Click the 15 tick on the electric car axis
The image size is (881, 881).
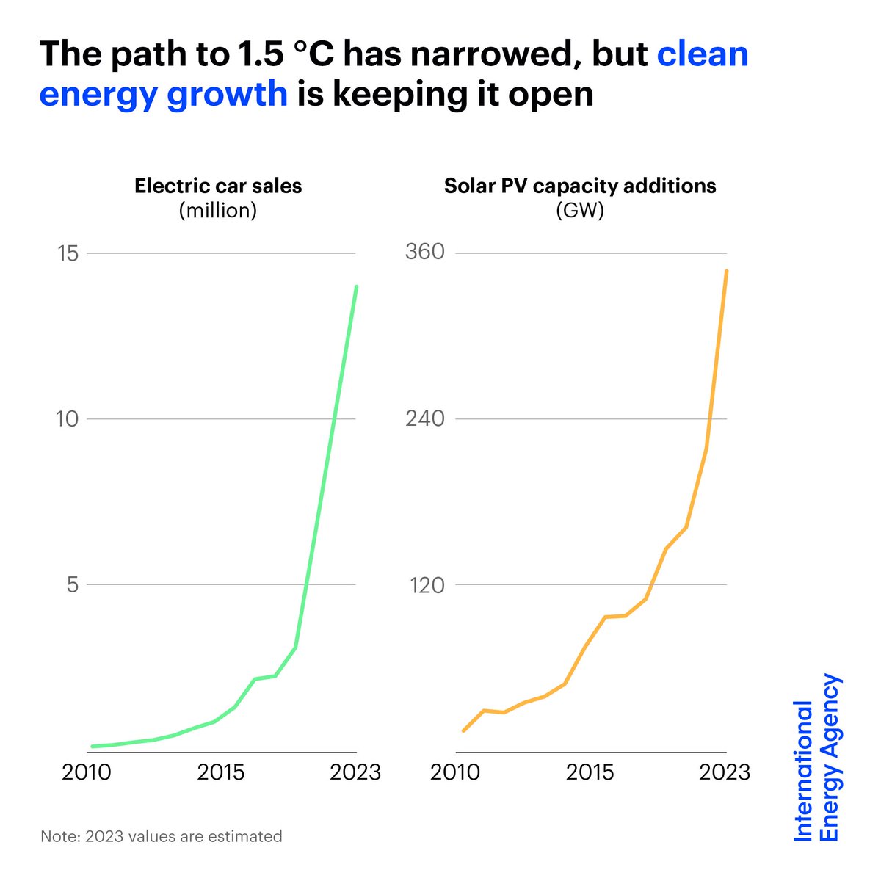click(x=68, y=253)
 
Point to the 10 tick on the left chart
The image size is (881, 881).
click(x=68, y=419)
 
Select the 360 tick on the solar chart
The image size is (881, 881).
click(x=425, y=253)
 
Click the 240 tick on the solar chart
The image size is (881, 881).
click(x=425, y=419)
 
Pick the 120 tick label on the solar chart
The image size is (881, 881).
click(x=425, y=585)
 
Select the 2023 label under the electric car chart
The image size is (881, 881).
click(x=355, y=772)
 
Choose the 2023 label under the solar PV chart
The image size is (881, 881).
click(x=724, y=772)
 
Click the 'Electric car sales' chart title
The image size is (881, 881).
click(x=218, y=186)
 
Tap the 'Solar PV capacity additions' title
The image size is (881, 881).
click(x=580, y=186)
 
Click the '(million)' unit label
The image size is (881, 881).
click(x=218, y=211)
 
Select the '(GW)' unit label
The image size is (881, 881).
click(x=580, y=211)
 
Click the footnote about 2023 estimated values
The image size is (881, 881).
click(x=162, y=836)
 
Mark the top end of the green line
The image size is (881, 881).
click(x=357, y=286)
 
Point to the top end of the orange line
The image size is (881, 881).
click(x=726, y=271)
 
